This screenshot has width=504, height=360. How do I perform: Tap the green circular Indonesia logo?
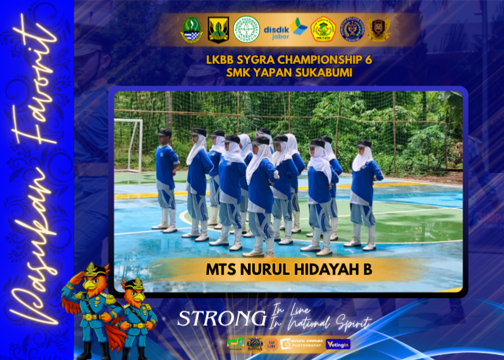click(x=247, y=29)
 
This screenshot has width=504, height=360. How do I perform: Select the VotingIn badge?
click(x=338, y=344)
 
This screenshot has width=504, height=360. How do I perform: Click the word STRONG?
click(x=221, y=318)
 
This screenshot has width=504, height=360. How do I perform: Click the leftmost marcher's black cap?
click(x=165, y=132)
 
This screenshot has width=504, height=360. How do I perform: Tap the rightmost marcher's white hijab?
click(x=362, y=157)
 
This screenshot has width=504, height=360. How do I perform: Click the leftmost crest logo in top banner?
click(x=191, y=29)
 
